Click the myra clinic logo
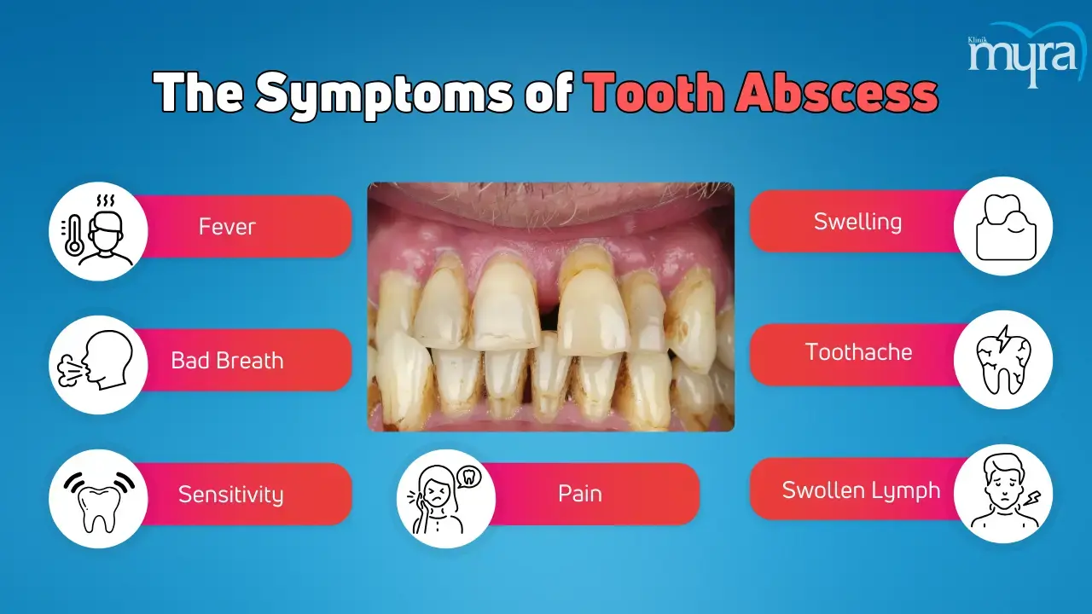1023,55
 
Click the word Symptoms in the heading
384,95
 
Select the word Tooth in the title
657,92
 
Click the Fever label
227,227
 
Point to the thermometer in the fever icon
73,235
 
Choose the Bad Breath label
227,361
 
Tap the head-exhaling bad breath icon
96,361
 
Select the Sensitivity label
230,494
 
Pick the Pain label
579,494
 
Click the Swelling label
858,223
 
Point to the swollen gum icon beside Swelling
1006,227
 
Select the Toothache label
858,352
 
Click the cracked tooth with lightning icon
1003,360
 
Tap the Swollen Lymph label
861,490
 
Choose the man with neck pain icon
1005,491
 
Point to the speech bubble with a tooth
468,477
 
